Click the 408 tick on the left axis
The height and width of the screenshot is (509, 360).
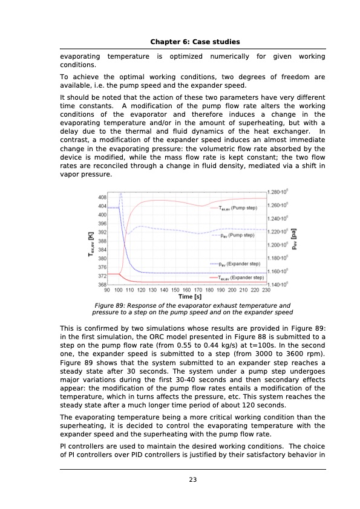(x=102, y=196)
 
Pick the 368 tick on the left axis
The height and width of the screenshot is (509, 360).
(x=102, y=284)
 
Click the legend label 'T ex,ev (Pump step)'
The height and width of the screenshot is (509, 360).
(x=237, y=207)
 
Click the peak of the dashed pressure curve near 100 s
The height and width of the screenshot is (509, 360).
(x=121, y=194)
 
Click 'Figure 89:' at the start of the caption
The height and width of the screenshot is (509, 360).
(x=111, y=306)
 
